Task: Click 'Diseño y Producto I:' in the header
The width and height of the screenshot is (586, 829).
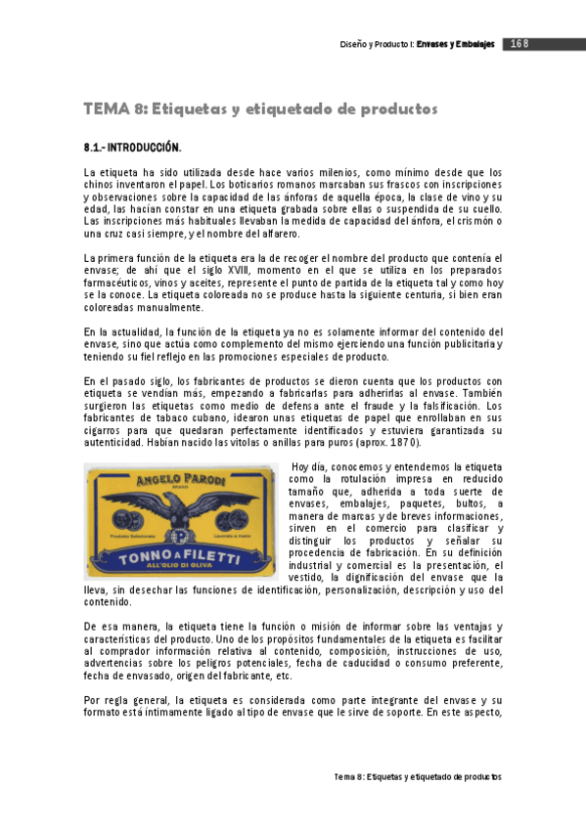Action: (378, 44)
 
